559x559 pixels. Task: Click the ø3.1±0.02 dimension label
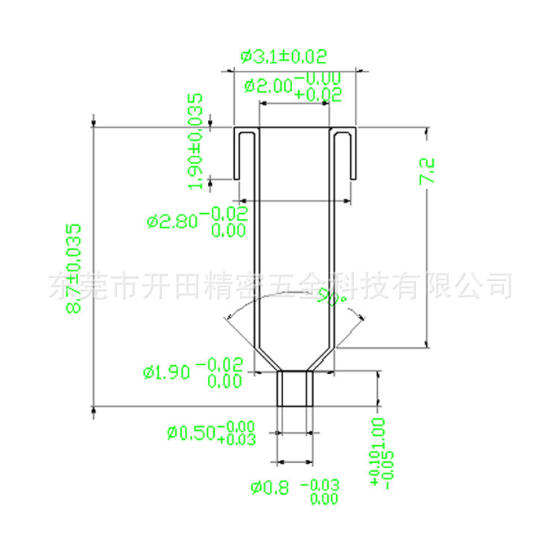[x=283, y=57]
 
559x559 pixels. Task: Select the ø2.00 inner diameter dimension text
[x=269, y=86]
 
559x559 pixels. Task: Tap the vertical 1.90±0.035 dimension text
[x=196, y=142]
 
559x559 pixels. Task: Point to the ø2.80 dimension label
[x=172, y=221]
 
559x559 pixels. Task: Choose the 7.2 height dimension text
[x=427, y=171]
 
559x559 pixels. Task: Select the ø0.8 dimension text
[x=270, y=489]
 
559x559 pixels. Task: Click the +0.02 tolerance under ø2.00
[x=318, y=95]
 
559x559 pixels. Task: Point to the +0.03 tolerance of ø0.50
[x=237, y=440]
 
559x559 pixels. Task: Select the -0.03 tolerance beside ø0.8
[x=320, y=486]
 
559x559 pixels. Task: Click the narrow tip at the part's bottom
[x=294, y=388]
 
